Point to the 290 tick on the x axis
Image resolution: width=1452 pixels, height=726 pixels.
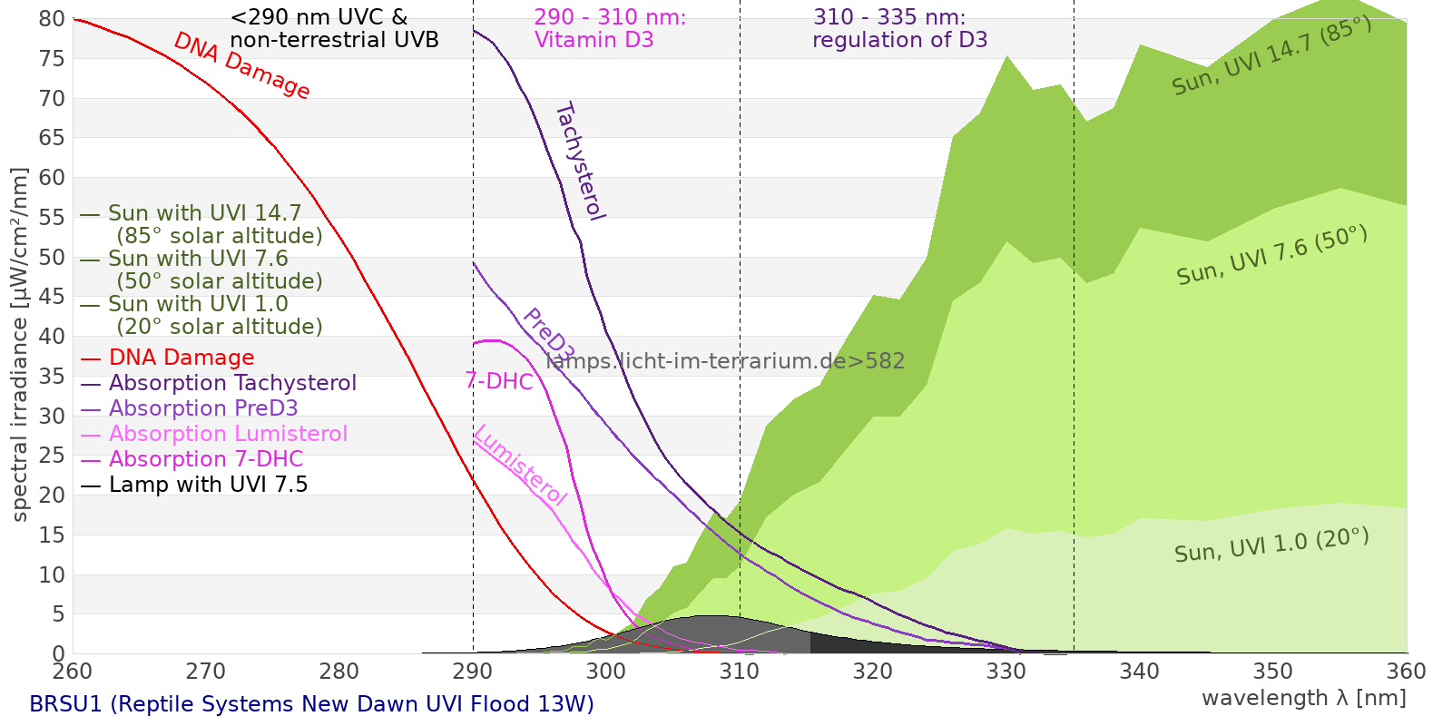tap(473, 672)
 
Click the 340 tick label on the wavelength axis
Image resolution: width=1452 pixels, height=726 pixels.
tap(1140, 672)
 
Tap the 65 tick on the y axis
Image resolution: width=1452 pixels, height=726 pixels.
tap(53, 138)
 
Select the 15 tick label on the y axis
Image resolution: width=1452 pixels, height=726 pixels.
tap(53, 535)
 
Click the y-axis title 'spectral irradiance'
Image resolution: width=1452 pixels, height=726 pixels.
tap(20, 345)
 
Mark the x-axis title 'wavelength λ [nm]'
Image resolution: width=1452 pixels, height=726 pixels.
tap(1303, 698)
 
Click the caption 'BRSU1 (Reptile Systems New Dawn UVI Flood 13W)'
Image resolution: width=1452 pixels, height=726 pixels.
tap(311, 704)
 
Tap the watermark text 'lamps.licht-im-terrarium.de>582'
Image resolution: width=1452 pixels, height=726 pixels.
tap(725, 361)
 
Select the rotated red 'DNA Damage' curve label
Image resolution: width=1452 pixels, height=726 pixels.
tap(241, 65)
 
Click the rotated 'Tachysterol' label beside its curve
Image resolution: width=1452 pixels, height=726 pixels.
tap(579, 162)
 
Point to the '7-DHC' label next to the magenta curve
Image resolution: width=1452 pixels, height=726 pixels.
tap(499, 381)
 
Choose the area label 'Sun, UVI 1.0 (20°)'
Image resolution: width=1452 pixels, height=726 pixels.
tap(1270, 546)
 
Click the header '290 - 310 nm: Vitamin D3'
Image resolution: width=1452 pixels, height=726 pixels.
tap(609, 29)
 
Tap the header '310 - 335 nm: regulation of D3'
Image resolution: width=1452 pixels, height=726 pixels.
tap(899, 29)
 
